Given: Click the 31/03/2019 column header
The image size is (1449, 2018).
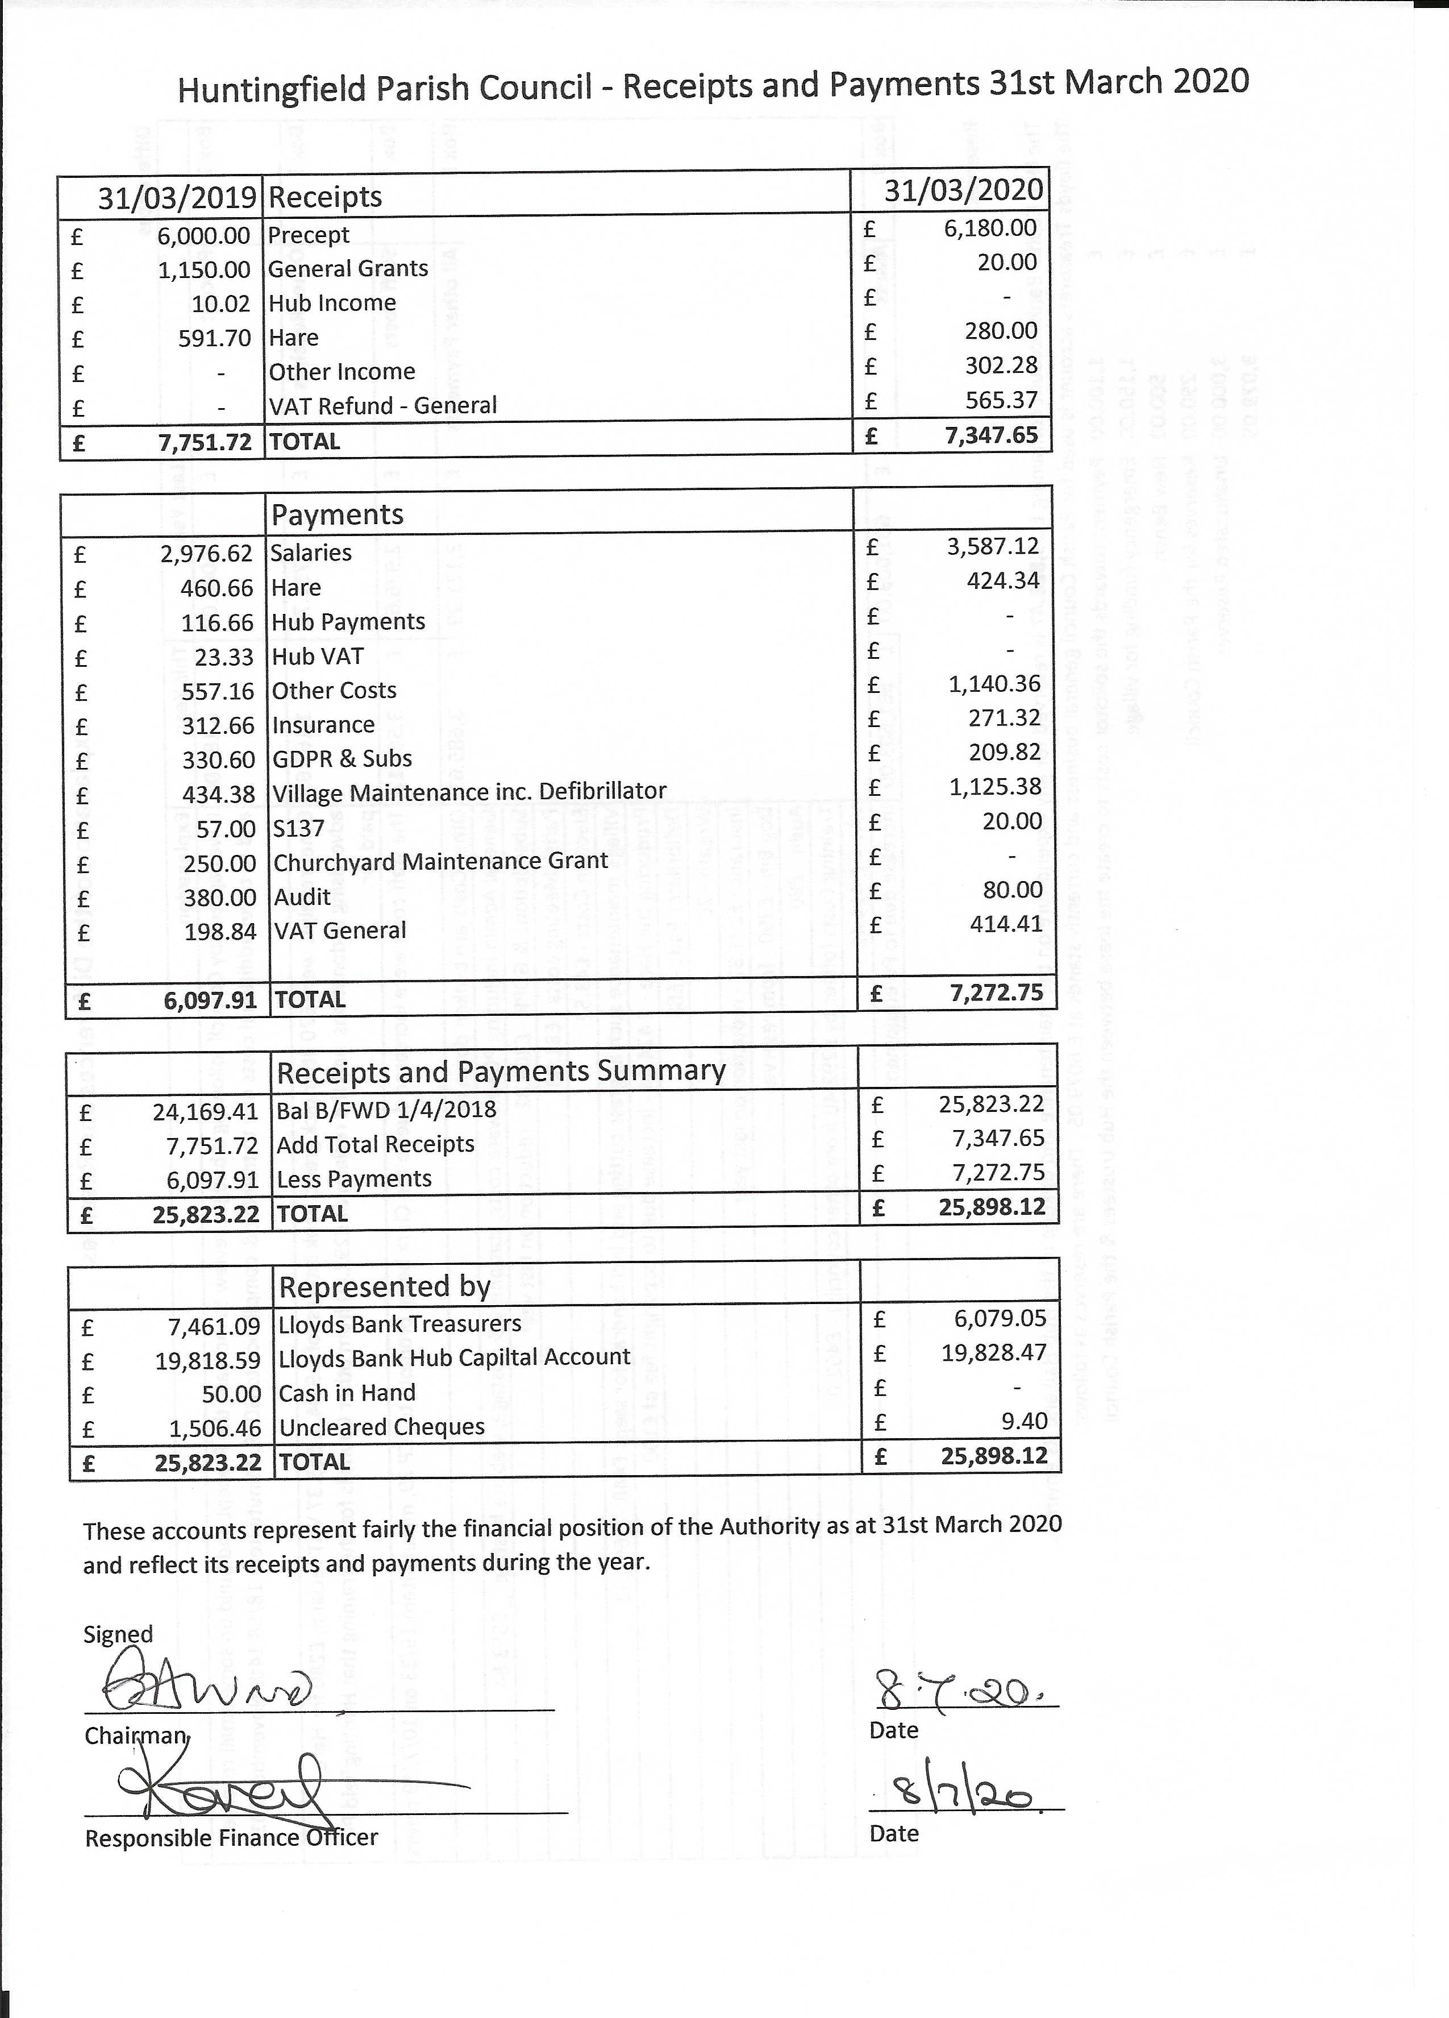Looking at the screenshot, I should tap(177, 197).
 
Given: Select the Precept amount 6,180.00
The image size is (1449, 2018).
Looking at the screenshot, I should tap(990, 228).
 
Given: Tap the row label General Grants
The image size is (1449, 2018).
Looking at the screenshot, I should tap(348, 269).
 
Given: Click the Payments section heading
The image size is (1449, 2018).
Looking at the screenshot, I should tap(337, 514).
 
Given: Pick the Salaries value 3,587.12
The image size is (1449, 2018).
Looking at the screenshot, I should tap(992, 546).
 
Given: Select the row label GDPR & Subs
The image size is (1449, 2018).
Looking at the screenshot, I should tap(342, 759).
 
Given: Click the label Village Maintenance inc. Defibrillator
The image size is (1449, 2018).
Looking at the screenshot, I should tap(469, 792).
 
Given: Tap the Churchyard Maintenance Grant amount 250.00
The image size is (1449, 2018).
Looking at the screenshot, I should tap(220, 863).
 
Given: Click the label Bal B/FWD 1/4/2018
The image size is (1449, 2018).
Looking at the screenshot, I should tap(386, 1110).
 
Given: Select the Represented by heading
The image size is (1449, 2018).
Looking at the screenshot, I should tap(384, 1286).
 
